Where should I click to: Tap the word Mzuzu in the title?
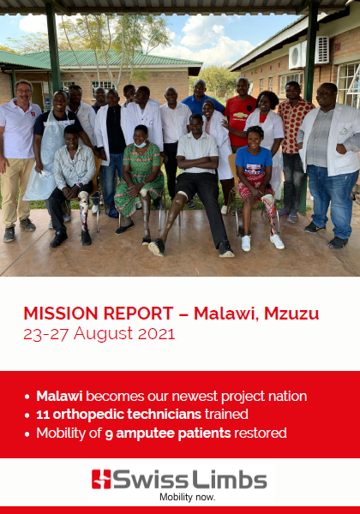(x=291, y=314)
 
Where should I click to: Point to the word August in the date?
(x=103, y=334)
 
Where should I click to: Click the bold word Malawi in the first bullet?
(x=59, y=396)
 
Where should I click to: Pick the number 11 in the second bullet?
(x=42, y=415)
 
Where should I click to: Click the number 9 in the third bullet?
(x=109, y=433)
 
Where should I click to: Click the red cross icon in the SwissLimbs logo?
(x=101, y=479)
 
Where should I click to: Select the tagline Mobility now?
(x=187, y=497)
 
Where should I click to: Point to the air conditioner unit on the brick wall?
(x=309, y=53)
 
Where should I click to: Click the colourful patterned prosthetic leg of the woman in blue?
(x=270, y=215)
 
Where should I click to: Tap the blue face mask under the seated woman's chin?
(x=141, y=144)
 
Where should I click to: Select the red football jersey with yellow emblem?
(x=240, y=121)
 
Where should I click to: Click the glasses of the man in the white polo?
(x=23, y=91)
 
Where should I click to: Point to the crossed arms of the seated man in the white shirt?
(x=198, y=163)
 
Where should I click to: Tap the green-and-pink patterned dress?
(x=139, y=178)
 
